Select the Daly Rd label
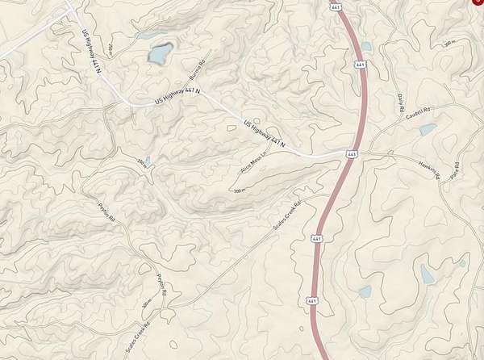(401, 103)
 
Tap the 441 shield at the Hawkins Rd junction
(352, 153)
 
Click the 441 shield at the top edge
(335, 6)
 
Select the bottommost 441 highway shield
(311, 300)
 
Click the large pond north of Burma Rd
(160, 54)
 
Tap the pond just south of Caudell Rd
(427, 129)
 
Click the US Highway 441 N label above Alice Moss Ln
(265, 133)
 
